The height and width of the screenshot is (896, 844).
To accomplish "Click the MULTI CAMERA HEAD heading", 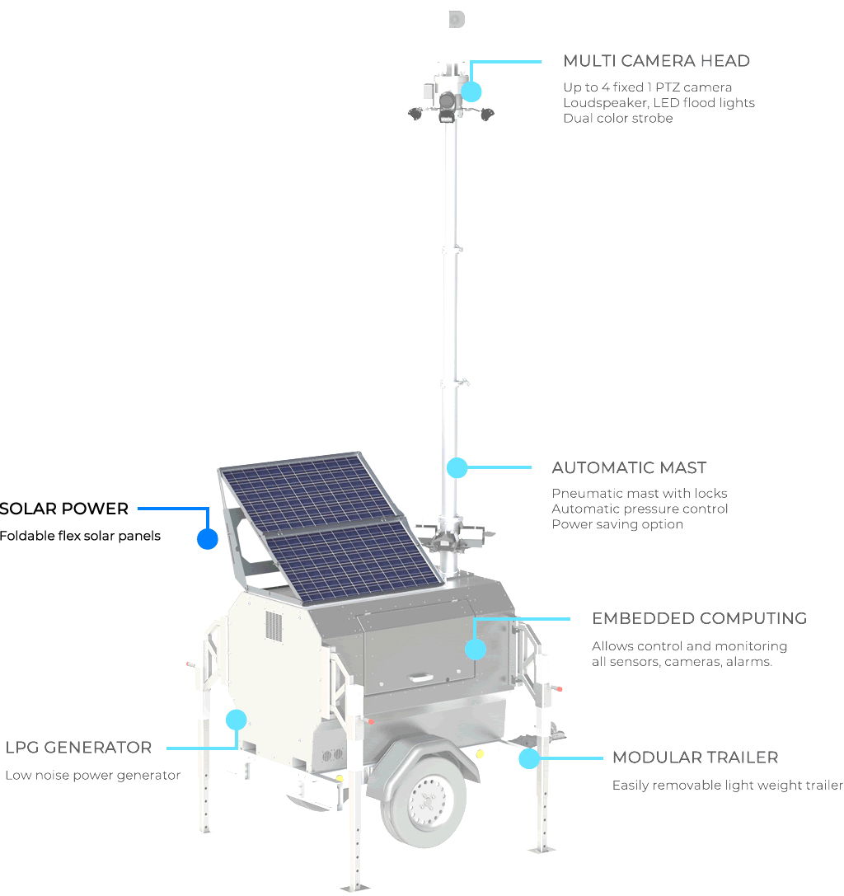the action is point(656,60).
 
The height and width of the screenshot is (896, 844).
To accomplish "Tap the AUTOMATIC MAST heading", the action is point(629,467).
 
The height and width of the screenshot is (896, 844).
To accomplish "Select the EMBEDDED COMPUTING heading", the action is point(700,618).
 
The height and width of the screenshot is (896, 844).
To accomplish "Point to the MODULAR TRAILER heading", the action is point(695,758).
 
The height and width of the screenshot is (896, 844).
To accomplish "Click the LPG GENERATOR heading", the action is point(78,748).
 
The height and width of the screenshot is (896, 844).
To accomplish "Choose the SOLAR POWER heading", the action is point(64,509).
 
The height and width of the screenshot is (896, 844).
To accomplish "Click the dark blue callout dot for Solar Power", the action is point(208,539).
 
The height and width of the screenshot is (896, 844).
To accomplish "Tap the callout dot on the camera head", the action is point(471,91).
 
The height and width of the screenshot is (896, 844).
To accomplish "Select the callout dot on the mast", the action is point(457,467).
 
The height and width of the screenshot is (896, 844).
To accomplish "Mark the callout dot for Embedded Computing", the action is point(476,650).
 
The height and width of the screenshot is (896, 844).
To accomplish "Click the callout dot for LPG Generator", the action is point(236,720).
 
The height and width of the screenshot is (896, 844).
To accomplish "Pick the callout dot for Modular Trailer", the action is point(529,758).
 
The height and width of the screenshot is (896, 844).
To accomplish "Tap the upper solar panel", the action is point(309,490).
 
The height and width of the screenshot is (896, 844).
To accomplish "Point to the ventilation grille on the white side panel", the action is point(274,626).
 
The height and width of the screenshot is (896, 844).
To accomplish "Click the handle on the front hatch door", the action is point(420,677).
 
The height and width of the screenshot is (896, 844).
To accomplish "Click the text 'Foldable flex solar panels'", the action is point(80,536).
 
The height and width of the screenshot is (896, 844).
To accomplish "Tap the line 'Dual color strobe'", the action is point(617,119).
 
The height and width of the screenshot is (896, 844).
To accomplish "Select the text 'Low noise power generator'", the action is point(92,776).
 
